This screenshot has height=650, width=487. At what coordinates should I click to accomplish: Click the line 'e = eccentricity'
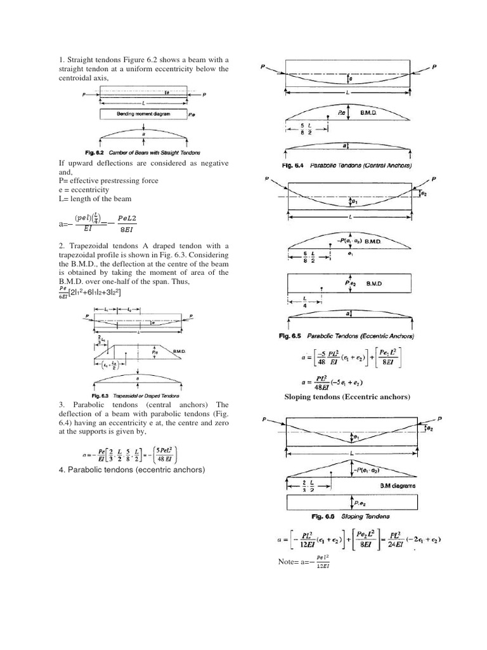(x=83, y=190)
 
